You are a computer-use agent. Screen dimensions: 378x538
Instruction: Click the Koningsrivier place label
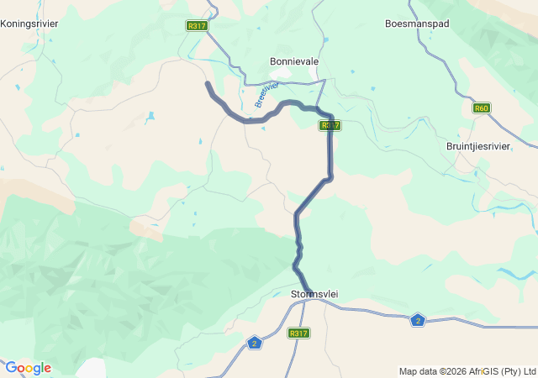point(29,24)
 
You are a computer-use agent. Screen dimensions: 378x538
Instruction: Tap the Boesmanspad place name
point(417,24)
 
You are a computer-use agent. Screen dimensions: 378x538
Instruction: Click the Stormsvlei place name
point(313,294)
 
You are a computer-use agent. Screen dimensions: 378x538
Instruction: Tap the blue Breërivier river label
point(266,94)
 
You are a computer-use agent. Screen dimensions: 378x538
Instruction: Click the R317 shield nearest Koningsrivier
point(197,26)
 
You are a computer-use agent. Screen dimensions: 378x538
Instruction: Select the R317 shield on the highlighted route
point(330,125)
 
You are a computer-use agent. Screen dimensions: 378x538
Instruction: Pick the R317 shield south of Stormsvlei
point(298,333)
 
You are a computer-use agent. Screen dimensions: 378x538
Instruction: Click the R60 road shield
point(481,108)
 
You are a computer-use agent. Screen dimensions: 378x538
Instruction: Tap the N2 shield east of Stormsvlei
point(418,319)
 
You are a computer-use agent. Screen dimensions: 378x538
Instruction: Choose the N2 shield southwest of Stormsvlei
point(255,343)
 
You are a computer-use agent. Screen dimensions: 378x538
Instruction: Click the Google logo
point(28,368)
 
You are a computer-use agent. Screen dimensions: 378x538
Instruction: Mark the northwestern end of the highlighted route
point(208,83)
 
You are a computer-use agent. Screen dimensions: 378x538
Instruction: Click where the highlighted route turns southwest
point(330,177)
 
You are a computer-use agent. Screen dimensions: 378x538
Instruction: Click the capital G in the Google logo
point(11,368)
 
